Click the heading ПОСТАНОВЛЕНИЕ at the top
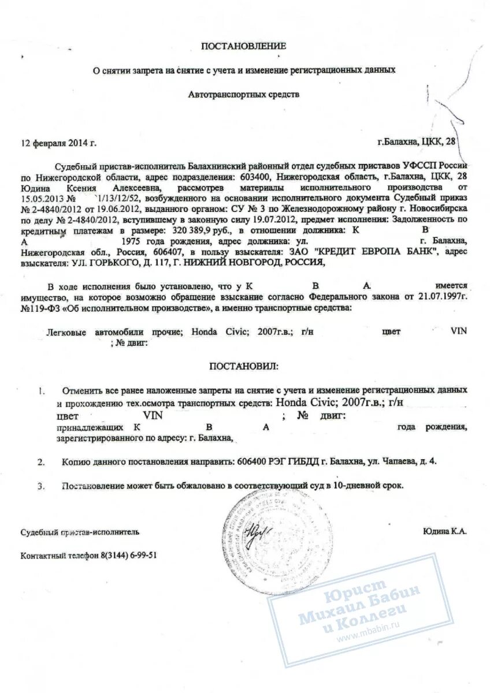pyautogui.click(x=243, y=46)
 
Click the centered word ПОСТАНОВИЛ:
pyautogui.click(x=243, y=366)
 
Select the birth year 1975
pyautogui.click(x=132, y=241)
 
